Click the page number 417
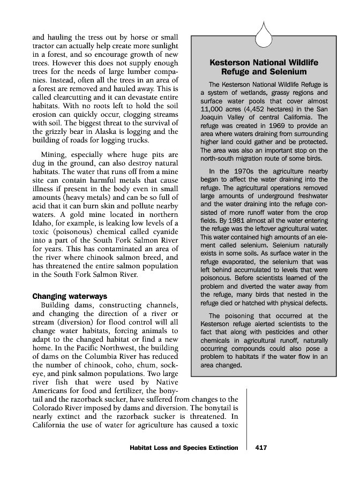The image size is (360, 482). pyautogui.click(x=261, y=448)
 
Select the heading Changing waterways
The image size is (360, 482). pyautogui.click(x=70, y=296)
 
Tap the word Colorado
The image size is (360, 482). pyautogui.click(x=49, y=406)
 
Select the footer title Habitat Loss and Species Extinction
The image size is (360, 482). pyautogui.click(x=183, y=448)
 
